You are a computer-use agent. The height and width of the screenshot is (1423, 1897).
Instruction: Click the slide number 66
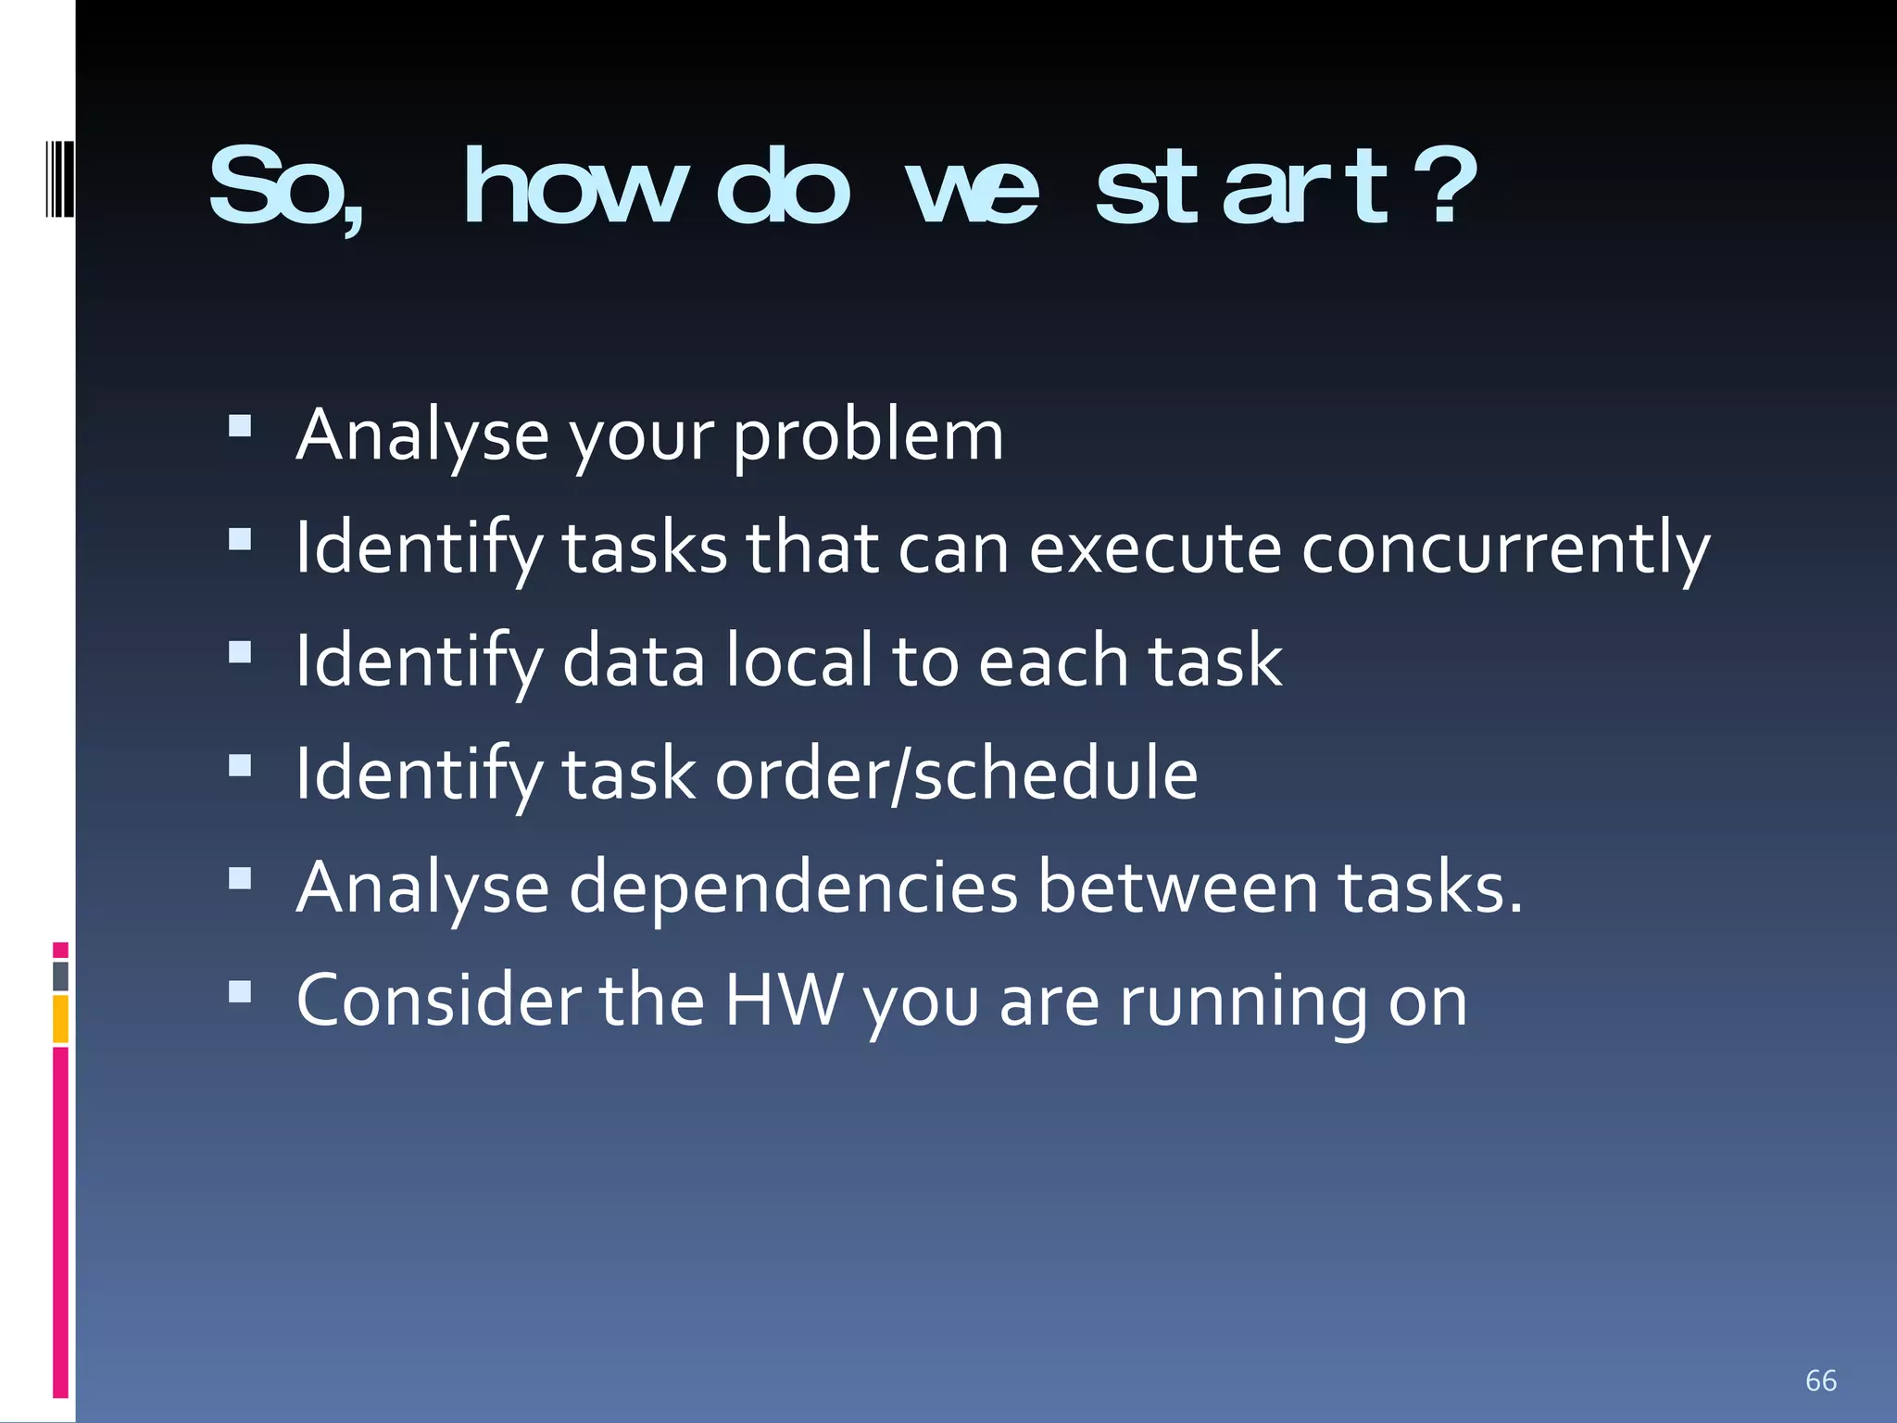pyautogui.click(x=1820, y=1380)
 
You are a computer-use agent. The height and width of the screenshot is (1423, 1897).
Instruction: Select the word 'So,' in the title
pyautogui.click(x=287, y=190)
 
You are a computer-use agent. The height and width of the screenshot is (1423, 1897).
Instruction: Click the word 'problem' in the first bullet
pyautogui.click(x=868, y=436)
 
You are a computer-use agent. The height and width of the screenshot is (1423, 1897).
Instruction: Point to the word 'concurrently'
pyautogui.click(x=1505, y=549)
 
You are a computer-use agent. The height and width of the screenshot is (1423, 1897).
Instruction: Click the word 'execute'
pyautogui.click(x=1155, y=549)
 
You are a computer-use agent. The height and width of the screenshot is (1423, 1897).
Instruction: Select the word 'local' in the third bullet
pyautogui.click(x=798, y=661)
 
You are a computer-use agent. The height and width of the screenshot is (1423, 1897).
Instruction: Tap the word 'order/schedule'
pyautogui.click(x=956, y=774)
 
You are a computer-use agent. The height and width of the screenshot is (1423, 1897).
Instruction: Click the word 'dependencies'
pyautogui.click(x=793, y=888)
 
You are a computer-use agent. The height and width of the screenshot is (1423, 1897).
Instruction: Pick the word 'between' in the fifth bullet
pyautogui.click(x=1177, y=888)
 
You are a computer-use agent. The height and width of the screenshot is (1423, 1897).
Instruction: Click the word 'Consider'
pyautogui.click(x=437, y=1001)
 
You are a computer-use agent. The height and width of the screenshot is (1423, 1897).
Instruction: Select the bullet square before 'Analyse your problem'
pyautogui.click(x=240, y=425)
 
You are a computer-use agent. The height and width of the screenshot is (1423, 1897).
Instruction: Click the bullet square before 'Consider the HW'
pyautogui.click(x=240, y=992)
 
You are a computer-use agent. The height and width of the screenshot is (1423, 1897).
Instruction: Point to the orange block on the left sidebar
pyautogui.click(x=60, y=1018)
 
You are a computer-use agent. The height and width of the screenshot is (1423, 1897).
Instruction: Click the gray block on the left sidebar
pyautogui.click(x=60, y=976)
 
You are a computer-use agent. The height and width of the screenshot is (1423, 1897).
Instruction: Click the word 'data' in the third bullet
pyautogui.click(x=633, y=661)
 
